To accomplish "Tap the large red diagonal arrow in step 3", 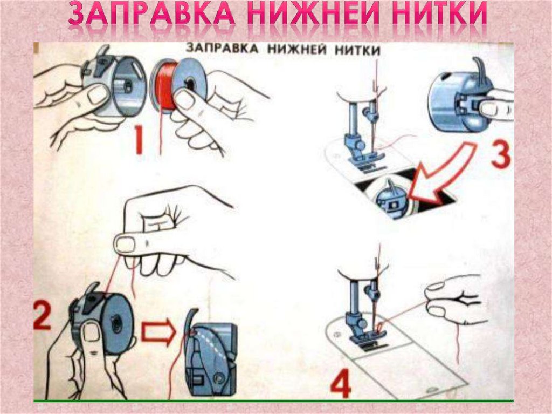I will point(440,173).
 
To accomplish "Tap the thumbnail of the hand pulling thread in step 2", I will point(125,245).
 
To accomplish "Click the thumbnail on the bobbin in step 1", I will point(185,99).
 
